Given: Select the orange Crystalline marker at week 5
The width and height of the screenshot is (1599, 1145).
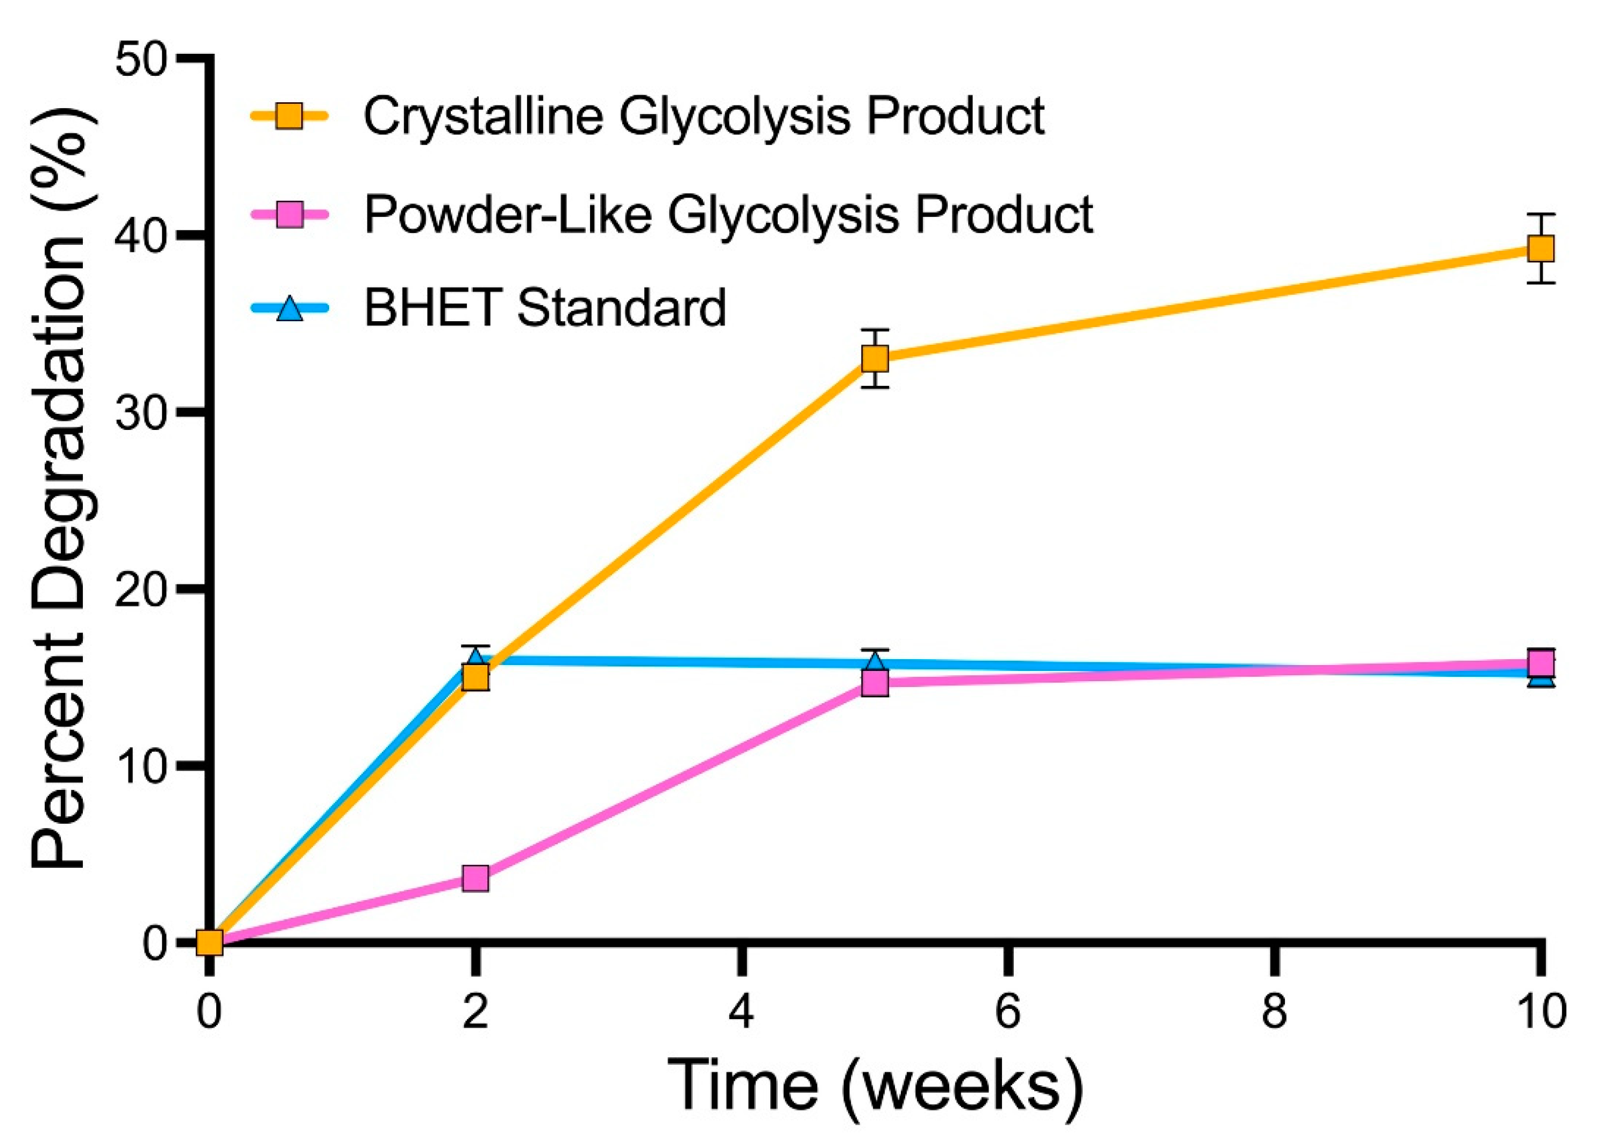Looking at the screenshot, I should pos(875,359).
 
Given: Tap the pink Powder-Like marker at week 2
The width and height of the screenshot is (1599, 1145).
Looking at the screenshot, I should pos(475,879).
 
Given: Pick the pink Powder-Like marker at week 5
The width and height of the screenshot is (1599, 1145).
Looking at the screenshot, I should pos(875,682).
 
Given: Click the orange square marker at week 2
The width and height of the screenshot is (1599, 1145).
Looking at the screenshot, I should pos(475,677).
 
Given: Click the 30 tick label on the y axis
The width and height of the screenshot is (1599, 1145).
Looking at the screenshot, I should pos(145,414).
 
